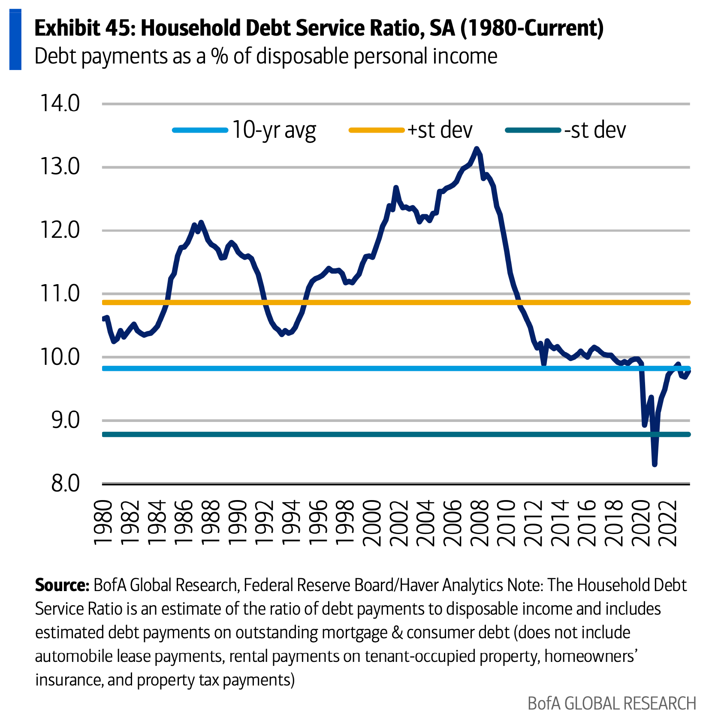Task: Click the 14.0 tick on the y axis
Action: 60,104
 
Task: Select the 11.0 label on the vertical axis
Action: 60,294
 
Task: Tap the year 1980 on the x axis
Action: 103,523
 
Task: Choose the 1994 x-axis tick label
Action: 291,523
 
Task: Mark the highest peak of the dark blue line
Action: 476,149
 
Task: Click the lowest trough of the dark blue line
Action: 655,464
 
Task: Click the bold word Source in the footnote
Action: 62,585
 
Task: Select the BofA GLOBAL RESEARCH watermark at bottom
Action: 612,704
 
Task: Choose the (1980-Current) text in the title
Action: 532,28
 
